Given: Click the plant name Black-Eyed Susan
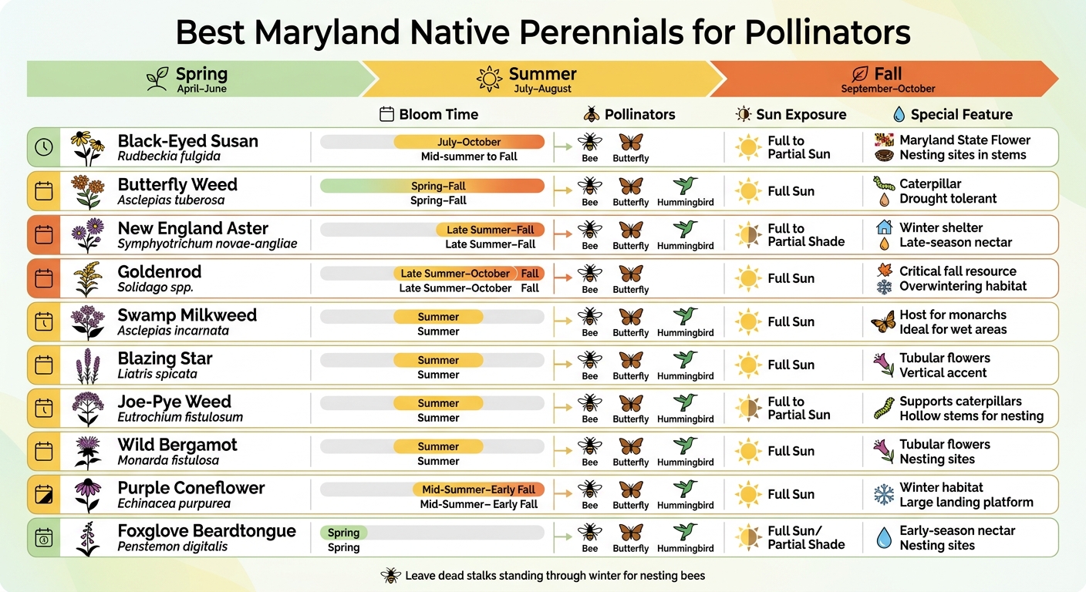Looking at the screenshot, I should [x=187, y=141].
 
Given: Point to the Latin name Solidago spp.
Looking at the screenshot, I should [x=155, y=288].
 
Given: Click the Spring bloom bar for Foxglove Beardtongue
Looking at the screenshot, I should [x=343, y=533].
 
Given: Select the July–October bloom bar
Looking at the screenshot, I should [x=469, y=142].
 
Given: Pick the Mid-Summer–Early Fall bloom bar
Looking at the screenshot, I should [x=478, y=489].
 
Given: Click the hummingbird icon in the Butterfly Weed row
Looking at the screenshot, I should [x=685, y=186].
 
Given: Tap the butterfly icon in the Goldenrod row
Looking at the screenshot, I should [x=631, y=274].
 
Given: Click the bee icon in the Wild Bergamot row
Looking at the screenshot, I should [x=590, y=446].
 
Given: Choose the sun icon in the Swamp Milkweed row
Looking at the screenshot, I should [x=748, y=321].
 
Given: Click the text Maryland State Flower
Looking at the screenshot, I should [x=964, y=140].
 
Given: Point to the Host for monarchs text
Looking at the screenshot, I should [x=953, y=314].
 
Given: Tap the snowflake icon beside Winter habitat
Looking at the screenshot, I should [x=884, y=494].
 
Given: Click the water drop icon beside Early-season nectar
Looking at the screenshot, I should [x=884, y=537].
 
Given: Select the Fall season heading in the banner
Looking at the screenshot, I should [x=887, y=75].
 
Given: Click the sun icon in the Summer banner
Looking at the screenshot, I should [x=489, y=79].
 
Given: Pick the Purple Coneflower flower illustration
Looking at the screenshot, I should [x=87, y=495].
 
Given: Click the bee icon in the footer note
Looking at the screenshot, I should [x=390, y=576].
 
